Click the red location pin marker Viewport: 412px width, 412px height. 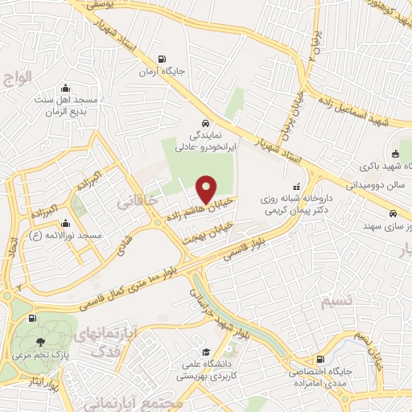click(x=207, y=189)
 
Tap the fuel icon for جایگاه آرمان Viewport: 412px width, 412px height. click(x=163, y=58)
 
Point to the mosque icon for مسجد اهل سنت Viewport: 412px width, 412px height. click(x=65, y=87)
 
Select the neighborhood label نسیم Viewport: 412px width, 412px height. click(x=336, y=302)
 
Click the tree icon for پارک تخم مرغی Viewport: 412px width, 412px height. click(x=41, y=341)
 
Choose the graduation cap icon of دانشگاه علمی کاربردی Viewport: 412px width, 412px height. click(x=207, y=352)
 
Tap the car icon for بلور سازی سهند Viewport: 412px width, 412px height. click(x=392, y=215)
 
